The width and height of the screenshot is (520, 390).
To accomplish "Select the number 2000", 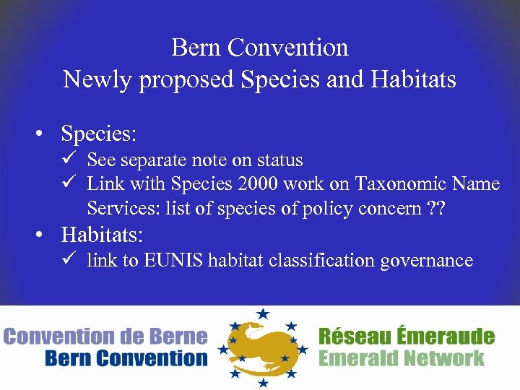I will (x=252, y=184).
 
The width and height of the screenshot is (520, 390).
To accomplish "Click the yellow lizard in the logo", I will (x=262, y=347).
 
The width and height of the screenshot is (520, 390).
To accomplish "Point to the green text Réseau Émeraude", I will (x=407, y=337).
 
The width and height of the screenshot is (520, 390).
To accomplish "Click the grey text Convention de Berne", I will (x=105, y=337).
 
